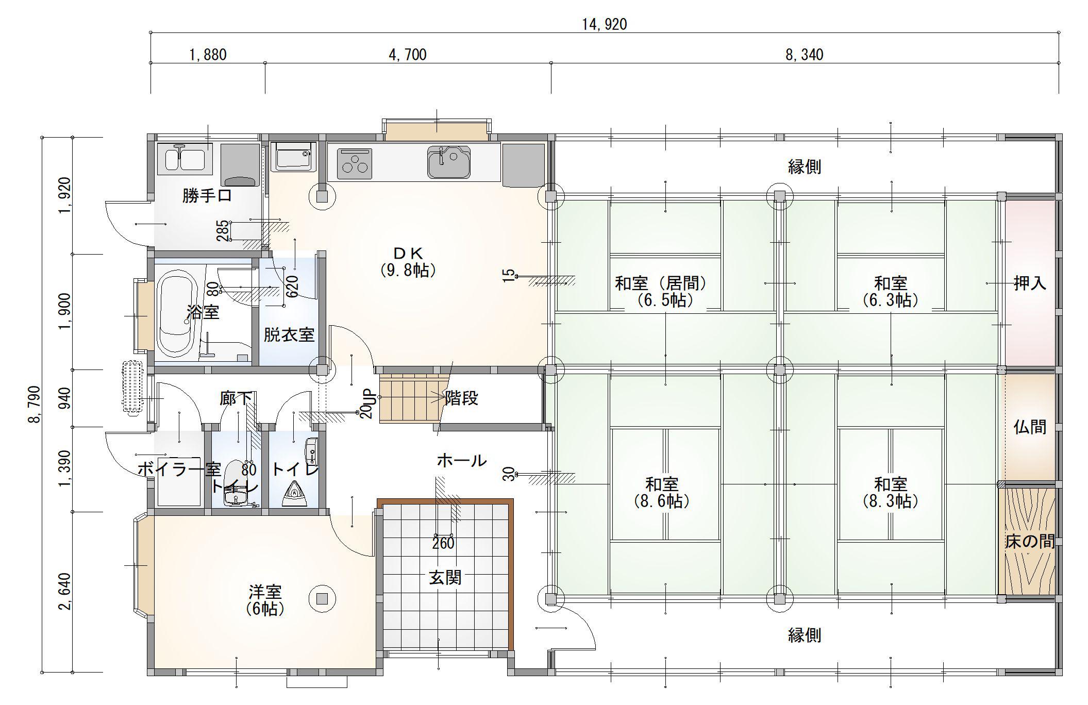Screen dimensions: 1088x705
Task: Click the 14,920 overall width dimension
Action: coord(605,24)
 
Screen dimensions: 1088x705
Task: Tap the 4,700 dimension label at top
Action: coord(407,55)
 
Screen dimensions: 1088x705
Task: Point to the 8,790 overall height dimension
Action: coord(34,405)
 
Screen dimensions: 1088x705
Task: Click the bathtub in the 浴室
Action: coord(176,314)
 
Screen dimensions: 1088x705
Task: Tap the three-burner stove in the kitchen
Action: coord(355,163)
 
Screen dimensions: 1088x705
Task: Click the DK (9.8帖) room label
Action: coord(408,261)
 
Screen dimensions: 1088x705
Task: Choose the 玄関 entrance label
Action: coord(445,578)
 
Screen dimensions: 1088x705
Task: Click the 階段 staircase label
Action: coord(461,398)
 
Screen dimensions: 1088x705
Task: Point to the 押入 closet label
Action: coord(1030,283)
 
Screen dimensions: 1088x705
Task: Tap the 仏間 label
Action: coord(1030,427)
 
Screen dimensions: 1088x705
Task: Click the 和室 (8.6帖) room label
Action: coord(662,492)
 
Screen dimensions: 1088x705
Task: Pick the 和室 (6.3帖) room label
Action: coord(891,291)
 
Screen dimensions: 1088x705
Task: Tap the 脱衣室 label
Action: coord(289,335)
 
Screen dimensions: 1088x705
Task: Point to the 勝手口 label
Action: coord(207,196)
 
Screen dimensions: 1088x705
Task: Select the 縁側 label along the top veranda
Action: coord(805,166)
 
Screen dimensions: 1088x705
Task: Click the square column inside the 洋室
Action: coord(322,598)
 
